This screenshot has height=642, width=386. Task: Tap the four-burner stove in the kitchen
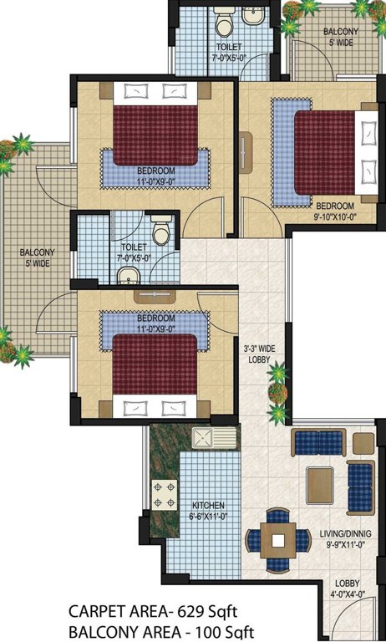coord(165,493)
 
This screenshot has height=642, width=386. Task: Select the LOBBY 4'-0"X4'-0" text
coord(348,588)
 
